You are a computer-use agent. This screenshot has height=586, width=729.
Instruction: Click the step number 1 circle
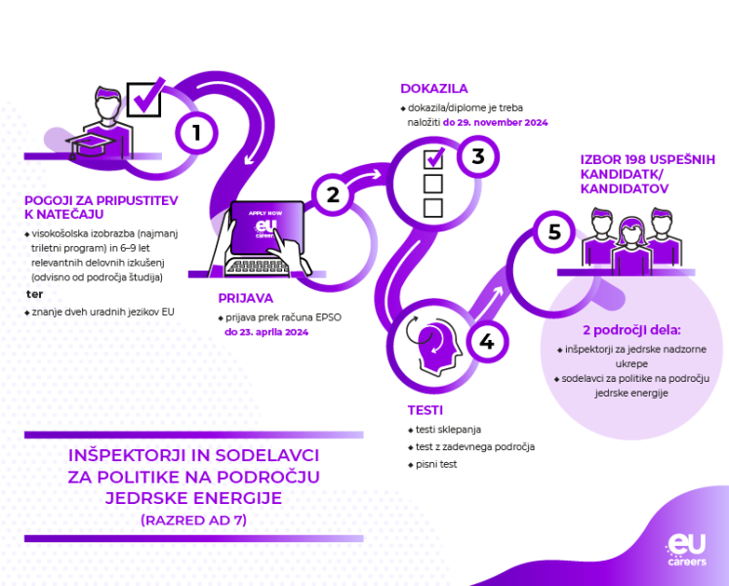(x=197, y=132)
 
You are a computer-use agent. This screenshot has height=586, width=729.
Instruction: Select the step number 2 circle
(x=333, y=194)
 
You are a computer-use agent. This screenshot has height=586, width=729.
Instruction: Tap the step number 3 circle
(x=478, y=156)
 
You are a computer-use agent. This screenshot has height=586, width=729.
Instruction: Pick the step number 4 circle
(x=486, y=342)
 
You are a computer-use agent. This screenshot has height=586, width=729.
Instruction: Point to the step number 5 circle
(x=554, y=232)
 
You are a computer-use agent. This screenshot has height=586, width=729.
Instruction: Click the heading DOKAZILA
(x=434, y=88)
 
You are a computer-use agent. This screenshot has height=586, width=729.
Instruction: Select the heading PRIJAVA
(x=246, y=298)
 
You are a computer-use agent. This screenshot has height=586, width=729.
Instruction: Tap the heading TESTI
(x=426, y=410)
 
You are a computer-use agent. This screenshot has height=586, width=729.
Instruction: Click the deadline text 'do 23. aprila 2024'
(x=266, y=332)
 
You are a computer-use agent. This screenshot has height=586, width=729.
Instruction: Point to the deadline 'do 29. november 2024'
(x=496, y=123)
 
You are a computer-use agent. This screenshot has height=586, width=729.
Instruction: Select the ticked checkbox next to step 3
(x=433, y=157)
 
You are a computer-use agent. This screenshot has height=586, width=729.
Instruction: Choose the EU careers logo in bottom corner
(x=686, y=549)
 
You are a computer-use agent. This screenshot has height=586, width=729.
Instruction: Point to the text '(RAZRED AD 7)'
(x=193, y=520)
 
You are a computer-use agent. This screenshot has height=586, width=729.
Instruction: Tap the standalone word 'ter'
(x=35, y=293)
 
